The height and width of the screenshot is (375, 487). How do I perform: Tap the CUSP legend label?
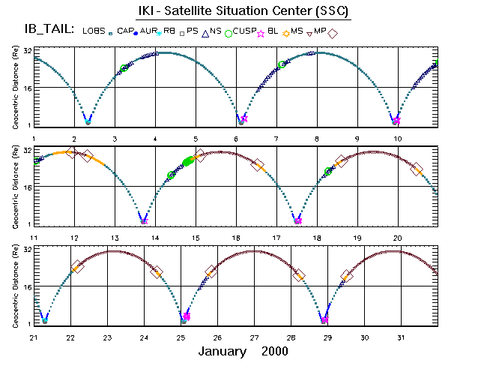click(x=243, y=31)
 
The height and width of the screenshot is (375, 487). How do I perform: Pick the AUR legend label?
click(x=148, y=31)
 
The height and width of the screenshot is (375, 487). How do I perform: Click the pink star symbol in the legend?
click(x=261, y=34)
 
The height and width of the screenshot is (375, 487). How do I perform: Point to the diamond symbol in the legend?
click(x=333, y=34)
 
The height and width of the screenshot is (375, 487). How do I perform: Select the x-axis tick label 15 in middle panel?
click(x=196, y=238)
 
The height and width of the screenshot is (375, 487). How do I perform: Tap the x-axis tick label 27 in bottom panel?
click(x=255, y=337)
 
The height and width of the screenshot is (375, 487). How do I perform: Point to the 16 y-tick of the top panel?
click(x=26, y=88)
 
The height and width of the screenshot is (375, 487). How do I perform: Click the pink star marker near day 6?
click(x=243, y=119)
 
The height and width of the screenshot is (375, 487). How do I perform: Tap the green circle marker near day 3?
click(x=124, y=68)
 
